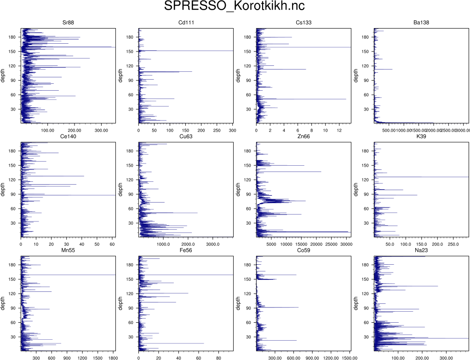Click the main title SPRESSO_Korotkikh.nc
[235, 7]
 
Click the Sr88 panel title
[68, 23]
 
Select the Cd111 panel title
[186, 23]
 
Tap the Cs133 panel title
[304, 23]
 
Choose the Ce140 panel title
[68, 137]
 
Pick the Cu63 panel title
[186, 137]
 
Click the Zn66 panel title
[304, 137]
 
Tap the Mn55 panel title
[68, 250]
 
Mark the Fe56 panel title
[186, 250]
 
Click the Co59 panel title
[304, 250]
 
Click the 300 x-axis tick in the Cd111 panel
[232, 130]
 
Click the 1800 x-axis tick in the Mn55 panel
[113, 358]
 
